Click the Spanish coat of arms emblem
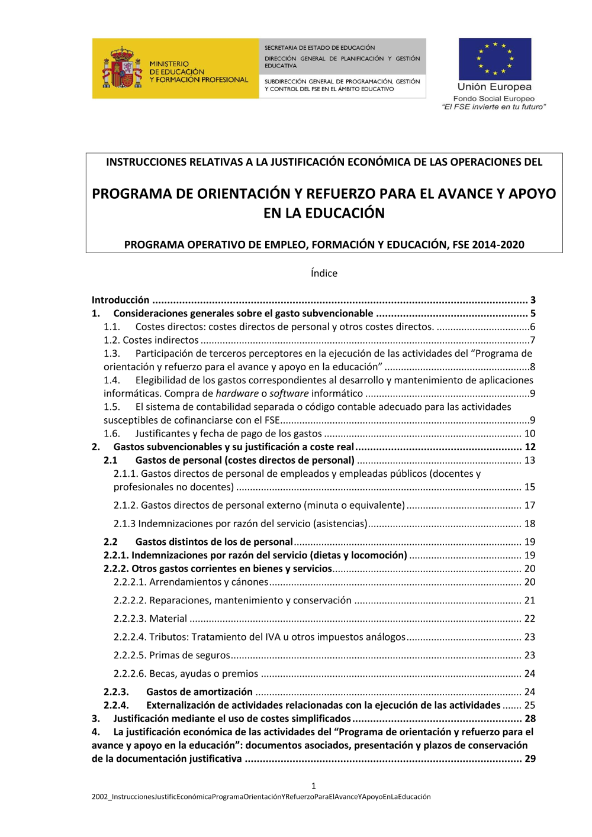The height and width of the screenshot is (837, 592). [122, 69]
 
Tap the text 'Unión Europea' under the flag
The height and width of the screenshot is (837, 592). [494, 87]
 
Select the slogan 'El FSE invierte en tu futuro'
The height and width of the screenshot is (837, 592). [494, 107]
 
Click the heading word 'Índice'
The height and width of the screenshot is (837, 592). [324, 273]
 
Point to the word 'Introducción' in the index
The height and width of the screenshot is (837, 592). [120, 300]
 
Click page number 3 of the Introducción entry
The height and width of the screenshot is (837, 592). [533, 300]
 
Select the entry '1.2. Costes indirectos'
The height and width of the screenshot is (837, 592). [151, 340]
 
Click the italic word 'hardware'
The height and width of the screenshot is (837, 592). [237, 393]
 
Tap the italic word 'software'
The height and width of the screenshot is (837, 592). [289, 393]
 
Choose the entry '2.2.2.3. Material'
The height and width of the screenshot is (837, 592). [150, 619]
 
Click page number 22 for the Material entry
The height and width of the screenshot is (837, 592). [530, 619]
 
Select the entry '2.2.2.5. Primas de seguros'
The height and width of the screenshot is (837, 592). [172, 655]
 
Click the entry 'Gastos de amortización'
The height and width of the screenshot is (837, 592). [200, 692]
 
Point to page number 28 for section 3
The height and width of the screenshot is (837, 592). [530, 719]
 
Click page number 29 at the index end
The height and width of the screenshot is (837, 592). [530, 759]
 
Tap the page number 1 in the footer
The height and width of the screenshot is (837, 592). [314, 786]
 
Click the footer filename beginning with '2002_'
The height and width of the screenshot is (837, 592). [261, 797]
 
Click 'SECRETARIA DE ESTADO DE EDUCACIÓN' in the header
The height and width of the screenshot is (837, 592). [320, 48]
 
